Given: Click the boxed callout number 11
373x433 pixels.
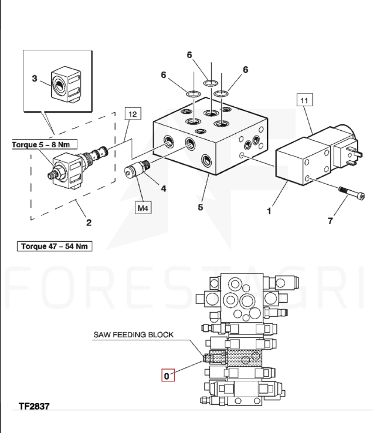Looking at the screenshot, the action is coord(305,100).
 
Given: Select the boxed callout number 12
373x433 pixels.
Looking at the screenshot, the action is coord(133,113).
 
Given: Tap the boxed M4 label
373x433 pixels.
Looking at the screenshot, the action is coord(143,208).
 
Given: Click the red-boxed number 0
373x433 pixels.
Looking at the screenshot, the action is coord(168,376).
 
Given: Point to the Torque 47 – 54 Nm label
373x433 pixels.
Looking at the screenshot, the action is coord(55,246).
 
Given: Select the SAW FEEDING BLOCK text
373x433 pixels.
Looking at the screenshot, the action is coord(133,334).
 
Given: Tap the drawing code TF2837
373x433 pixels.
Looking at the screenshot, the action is coord(34,406).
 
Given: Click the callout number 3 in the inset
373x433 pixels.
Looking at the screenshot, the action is coord(35,78).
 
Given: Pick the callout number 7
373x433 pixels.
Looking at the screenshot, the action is coord(330,221).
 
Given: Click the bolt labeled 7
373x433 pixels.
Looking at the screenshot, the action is coord(351,192).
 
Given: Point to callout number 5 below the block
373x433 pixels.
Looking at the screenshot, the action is coord(201,207).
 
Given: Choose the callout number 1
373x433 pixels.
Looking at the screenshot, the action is coord(269,211).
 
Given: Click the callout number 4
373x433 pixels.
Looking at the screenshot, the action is coord(164,188).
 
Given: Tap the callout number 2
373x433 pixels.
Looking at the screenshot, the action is coord(89,222).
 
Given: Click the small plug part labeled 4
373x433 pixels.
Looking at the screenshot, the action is coord(137,168).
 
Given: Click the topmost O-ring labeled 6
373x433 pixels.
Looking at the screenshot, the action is coord(211,82).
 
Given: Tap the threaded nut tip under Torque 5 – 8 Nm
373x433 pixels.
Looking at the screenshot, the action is coord(53,175).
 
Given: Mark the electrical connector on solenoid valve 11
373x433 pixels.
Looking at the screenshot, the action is coord(347,153).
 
